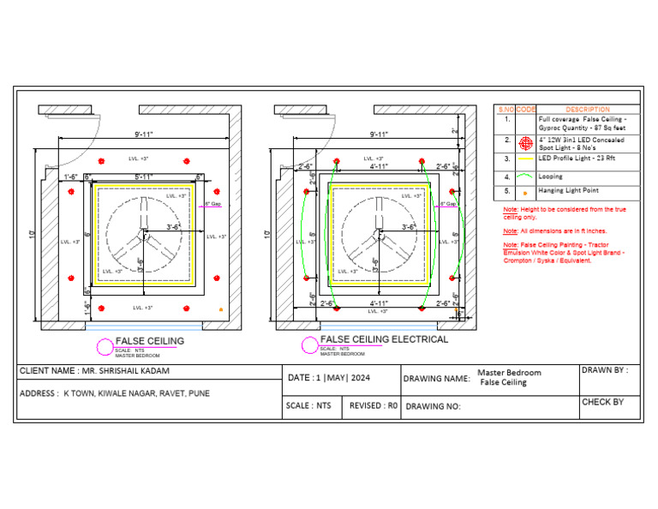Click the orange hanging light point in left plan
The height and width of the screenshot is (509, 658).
[222, 308]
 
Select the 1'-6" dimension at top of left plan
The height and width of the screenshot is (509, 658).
[73, 177]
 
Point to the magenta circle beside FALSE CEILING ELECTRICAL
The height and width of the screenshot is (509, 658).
[309, 345]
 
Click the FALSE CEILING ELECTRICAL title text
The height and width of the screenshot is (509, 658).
[383, 339]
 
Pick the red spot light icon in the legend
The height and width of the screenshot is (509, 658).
[526, 142]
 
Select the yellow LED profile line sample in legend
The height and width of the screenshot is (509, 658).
[526, 159]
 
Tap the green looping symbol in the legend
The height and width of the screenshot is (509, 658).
[526, 177]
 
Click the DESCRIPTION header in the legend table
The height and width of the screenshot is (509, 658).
[587, 110]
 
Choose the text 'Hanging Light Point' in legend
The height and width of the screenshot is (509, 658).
[567, 191]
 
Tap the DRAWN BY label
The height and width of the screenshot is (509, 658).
[605, 371]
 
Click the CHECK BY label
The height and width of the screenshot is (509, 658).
[602, 402]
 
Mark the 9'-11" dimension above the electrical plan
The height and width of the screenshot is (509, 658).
[379, 135]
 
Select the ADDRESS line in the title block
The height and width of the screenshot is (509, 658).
[113, 393]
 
